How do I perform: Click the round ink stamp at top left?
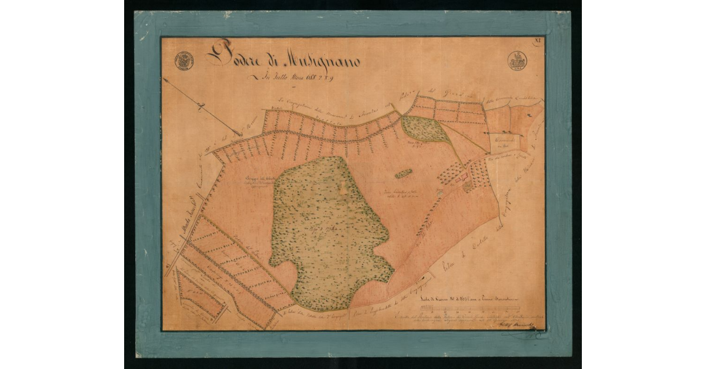click(184, 61)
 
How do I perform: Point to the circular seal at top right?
click(518, 61)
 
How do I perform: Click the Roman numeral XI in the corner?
click(537, 41)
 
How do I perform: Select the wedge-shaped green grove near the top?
click(425, 130)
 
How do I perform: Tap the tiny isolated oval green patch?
click(403, 174)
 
